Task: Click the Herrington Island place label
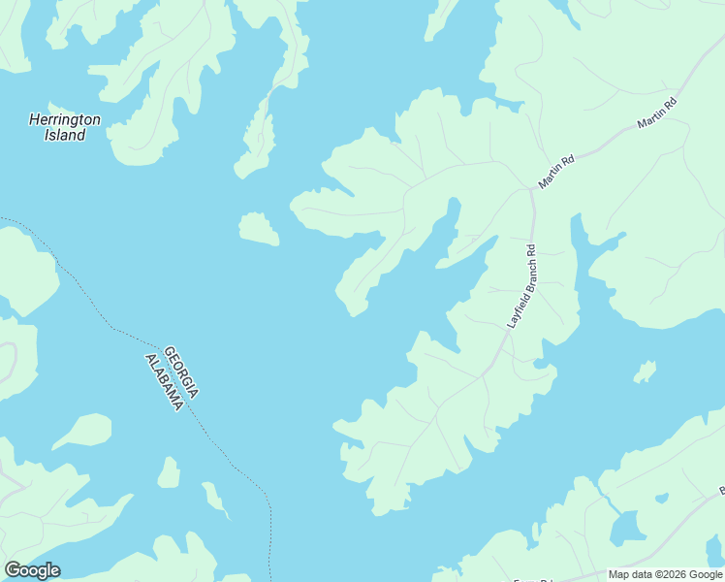pyautogui.click(x=65, y=127)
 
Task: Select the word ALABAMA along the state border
pyautogui.click(x=164, y=381)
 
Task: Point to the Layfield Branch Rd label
pyautogui.click(x=521, y=286)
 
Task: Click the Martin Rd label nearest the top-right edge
pyautogui.click(x=656, y=113)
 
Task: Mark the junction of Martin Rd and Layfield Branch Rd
pyautogui.click(x=531, y=190)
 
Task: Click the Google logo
pyautogui.click(x=32, y=570)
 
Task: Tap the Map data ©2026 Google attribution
pyautogui.click(x=664, y=574)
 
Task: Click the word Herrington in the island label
pyautogui.click(x=65, y=120)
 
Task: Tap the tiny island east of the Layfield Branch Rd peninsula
pyautogui.click(x=645, y=372)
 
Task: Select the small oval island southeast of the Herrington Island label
pyautogui.click(x=259, y=229)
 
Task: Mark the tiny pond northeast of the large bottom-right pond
pyautogui.click(x=662, y=499)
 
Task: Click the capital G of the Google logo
pyautogui.click(x=13, y=570)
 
